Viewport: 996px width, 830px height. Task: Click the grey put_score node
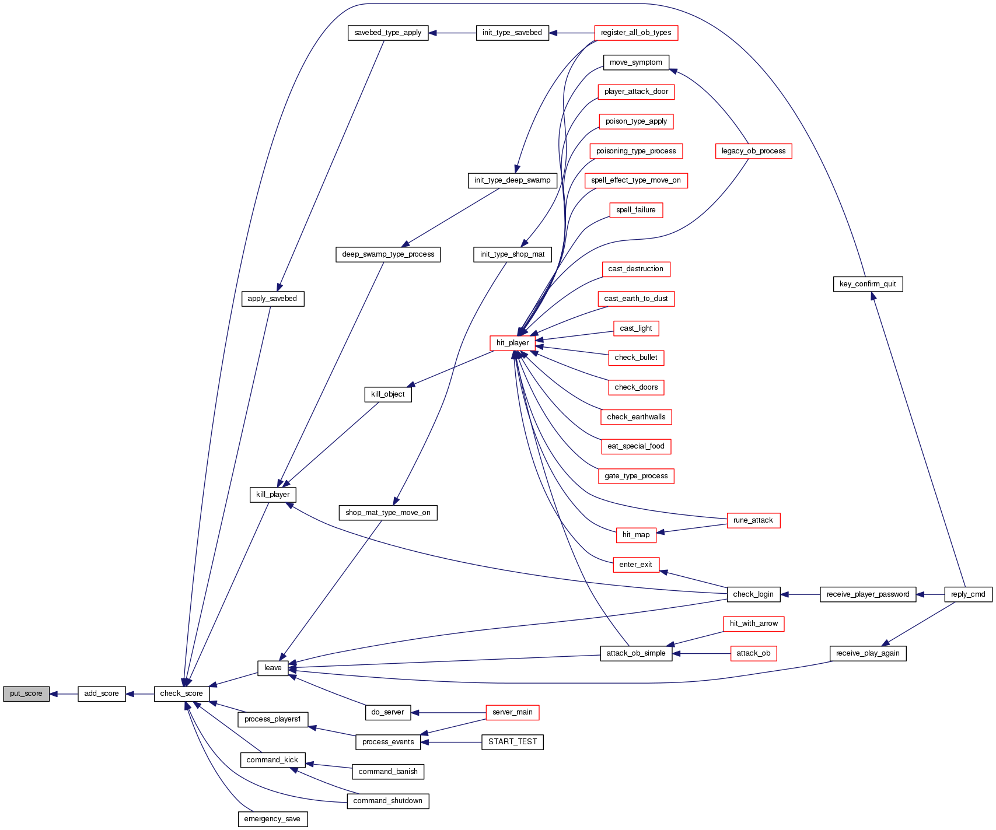[x=26, y=694]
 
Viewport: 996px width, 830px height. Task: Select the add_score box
[x=102, y=694]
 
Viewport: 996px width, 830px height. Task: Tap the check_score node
[x=181, y=694]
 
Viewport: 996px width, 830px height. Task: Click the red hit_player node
[x=512, y=343]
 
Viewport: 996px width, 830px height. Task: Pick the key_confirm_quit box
[x=868, y=284]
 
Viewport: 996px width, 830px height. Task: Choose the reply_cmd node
[x=968, y=594]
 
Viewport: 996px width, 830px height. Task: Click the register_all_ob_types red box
[x=636, y=33]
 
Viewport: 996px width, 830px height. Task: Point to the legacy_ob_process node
[x=753, y=151]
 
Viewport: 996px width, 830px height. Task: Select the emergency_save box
[x=272, y=819]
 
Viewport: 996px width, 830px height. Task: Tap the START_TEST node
[x=512, y=742]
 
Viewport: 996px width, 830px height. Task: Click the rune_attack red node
[x=753, y=520]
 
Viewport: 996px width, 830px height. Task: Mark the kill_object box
[x=387, y=394]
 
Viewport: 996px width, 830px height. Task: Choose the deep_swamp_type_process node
[x=388, y=254]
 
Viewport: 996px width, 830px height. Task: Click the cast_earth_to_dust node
[x=636, y=299]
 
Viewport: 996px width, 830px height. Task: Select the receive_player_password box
[x=868, y=594]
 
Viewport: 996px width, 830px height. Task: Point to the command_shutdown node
[x=387, y=801]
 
